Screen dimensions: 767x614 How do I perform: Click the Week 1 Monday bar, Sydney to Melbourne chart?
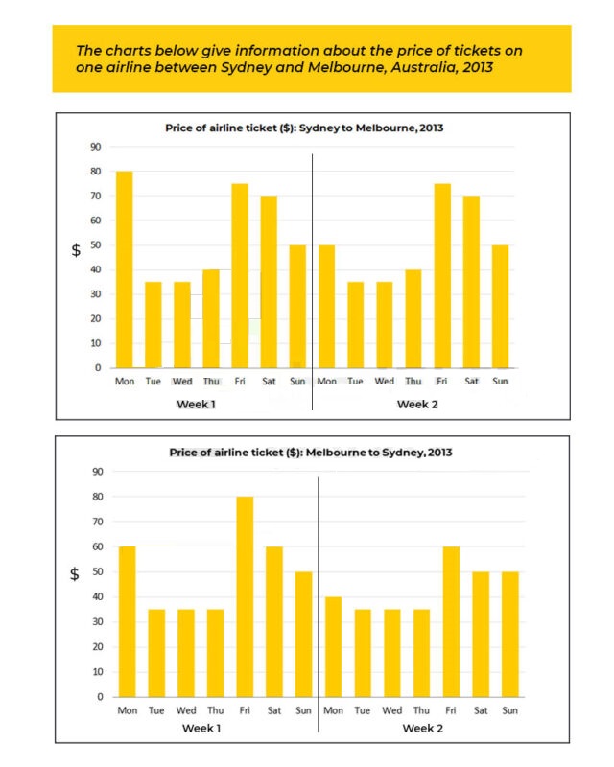click(124, 269)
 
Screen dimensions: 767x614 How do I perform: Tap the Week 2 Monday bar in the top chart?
click(326, 306)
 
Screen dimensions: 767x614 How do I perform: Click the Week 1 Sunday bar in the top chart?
click(297, 306)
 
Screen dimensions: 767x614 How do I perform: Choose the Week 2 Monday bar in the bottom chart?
click(334, 646)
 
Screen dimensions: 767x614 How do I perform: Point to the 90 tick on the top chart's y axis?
click(97, 147)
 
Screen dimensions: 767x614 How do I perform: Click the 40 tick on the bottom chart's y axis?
click(97, 597)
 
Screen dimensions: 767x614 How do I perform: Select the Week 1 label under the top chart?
click(196, 405)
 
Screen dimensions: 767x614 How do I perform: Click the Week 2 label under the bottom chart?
click(421, 729)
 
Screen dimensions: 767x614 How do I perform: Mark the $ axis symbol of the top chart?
click(76, 250)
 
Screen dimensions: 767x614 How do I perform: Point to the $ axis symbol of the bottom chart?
click(75, 575)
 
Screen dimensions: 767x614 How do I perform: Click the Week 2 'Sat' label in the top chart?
click(471, 382)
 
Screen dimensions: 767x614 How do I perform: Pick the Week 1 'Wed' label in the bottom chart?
click(186, 710)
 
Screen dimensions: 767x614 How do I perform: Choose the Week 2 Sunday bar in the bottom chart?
click(509, 634)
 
